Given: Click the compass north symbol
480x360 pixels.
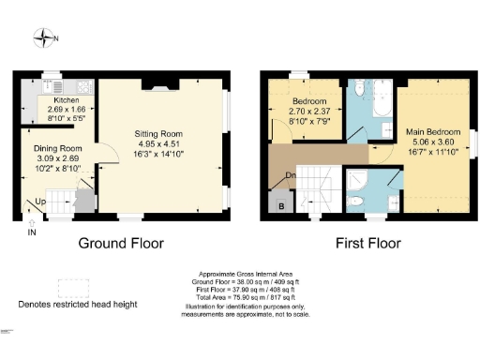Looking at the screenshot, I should point(44,38).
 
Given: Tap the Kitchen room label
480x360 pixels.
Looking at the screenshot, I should point(66,98).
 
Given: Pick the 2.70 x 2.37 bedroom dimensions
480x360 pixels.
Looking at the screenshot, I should point(307,112).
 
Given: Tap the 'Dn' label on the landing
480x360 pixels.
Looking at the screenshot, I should point(292,175).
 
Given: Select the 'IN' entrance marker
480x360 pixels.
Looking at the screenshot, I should point(32,232).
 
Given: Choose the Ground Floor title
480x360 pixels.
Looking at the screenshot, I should point(121,243).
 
